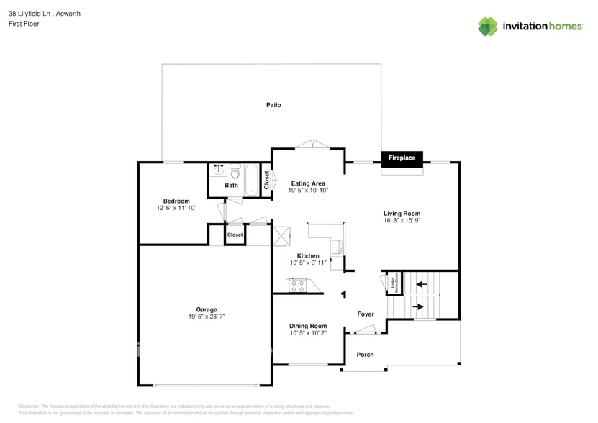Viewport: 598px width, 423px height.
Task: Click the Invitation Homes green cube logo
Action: click(x=488, y=26)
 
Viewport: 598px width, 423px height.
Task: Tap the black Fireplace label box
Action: click(x=402, y=158)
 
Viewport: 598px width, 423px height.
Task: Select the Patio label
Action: click(x=273, y=105)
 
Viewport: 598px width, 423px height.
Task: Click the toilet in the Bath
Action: click(x=235, y=172)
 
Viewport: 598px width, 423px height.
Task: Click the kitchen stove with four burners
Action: click(x=298, y=286)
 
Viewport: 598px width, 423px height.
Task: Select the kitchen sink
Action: click(x=336, y=248)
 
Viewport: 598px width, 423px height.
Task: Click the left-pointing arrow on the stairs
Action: click(x=421, y=285)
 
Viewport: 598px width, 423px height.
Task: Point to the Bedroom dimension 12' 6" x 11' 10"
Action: click(x=176, y=208)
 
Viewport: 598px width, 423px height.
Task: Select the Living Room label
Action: click(x=402, y=214)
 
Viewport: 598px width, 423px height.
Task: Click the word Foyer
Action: click(x=366, y=314)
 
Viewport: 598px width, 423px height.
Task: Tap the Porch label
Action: click(x=366, y=355)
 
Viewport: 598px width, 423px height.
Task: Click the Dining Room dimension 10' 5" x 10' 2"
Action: click(x=308, y=333)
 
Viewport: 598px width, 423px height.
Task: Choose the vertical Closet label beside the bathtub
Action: click(x=266, y=179)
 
